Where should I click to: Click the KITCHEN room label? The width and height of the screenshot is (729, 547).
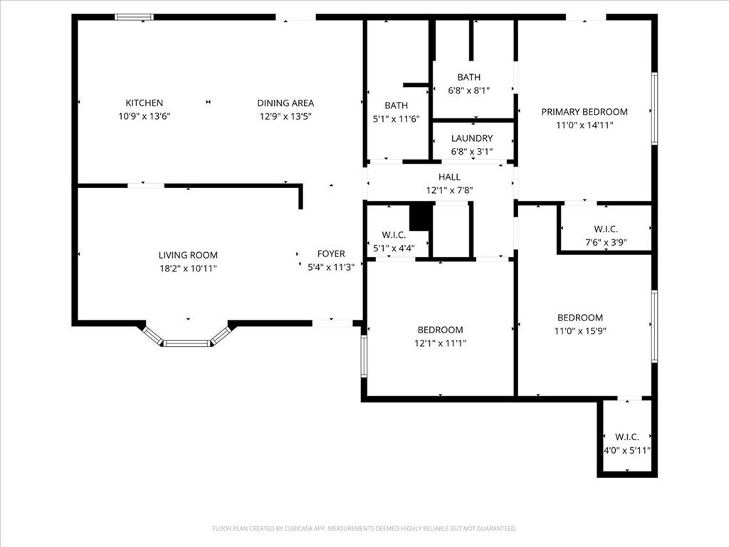(145, 103)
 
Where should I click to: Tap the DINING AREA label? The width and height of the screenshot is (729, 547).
(285, 103)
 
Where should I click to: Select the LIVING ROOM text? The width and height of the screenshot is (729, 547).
(188, 255)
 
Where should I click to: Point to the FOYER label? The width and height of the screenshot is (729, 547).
(331, 254)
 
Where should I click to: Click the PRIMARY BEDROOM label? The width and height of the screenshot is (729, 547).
(584, 112)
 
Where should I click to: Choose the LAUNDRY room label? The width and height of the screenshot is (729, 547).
(471, 138)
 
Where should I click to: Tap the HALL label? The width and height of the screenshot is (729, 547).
(449, 177)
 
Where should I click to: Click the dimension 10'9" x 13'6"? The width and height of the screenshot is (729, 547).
(145, 116)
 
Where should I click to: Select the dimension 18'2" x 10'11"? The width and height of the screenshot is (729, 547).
(188, 269)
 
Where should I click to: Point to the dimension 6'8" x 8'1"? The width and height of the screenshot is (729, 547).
(469, 90)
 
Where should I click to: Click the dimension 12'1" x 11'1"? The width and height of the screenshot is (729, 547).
(440, 343)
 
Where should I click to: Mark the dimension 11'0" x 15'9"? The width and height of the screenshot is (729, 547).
(580, 331)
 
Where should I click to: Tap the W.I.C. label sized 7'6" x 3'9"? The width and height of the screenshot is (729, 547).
(606, 229)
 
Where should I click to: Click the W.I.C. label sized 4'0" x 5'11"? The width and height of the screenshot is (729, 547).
(627, 437)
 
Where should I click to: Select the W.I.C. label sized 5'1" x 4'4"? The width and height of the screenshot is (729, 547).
(394, 235)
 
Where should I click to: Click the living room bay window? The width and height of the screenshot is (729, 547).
(187, 343)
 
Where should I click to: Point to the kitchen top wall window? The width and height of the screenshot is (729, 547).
(134, 17)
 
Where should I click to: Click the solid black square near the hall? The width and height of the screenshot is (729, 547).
(421, 217)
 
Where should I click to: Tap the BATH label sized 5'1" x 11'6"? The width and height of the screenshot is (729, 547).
(396, 105)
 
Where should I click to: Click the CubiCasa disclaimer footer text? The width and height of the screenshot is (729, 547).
(364, 528)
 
